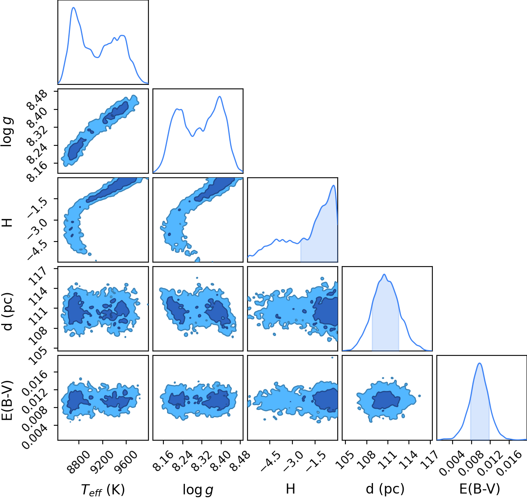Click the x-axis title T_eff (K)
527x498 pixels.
pyautogui.click(x=103, y=490)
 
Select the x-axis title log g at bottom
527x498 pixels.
pyautogui.click(x=198, y=490)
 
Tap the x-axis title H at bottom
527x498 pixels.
pyautogui.click(x=290, y=489)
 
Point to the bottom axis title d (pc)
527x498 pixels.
pyautogui.click(x=385, y=489)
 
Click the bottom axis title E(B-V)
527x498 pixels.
pyautogui.click(x=480, y=489)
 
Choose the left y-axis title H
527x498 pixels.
pyautogui.click(x=7, y=222)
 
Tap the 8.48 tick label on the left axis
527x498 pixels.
pyautogui.click(x=38, y=100)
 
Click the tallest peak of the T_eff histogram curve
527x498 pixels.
pyautogui.click(x=74, y=8)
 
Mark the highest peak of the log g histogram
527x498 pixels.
pyautogui.click(x=220, y=97)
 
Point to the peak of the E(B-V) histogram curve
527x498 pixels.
pyautogui.click(x=480, y=363)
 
